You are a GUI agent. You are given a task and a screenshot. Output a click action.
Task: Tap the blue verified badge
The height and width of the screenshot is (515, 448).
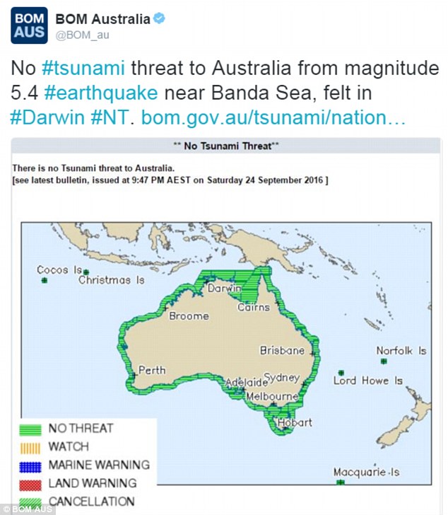coord(160,19)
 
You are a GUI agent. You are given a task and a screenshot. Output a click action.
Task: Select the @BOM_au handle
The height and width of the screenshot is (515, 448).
coord(83,35)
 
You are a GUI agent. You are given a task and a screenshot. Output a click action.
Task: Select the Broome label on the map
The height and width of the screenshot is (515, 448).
coord(189,316)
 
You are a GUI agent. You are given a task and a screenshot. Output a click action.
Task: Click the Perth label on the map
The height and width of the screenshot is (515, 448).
coord(152,370)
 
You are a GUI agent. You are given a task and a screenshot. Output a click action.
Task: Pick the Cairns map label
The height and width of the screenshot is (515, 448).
coord(254,308)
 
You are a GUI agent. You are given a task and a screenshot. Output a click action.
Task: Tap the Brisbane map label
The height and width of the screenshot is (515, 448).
coord(282,350)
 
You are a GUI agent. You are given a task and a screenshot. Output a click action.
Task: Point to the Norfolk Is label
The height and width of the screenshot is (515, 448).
coord(401,350)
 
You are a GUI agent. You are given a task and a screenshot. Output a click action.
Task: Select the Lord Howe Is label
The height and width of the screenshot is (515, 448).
coord(367,381)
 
